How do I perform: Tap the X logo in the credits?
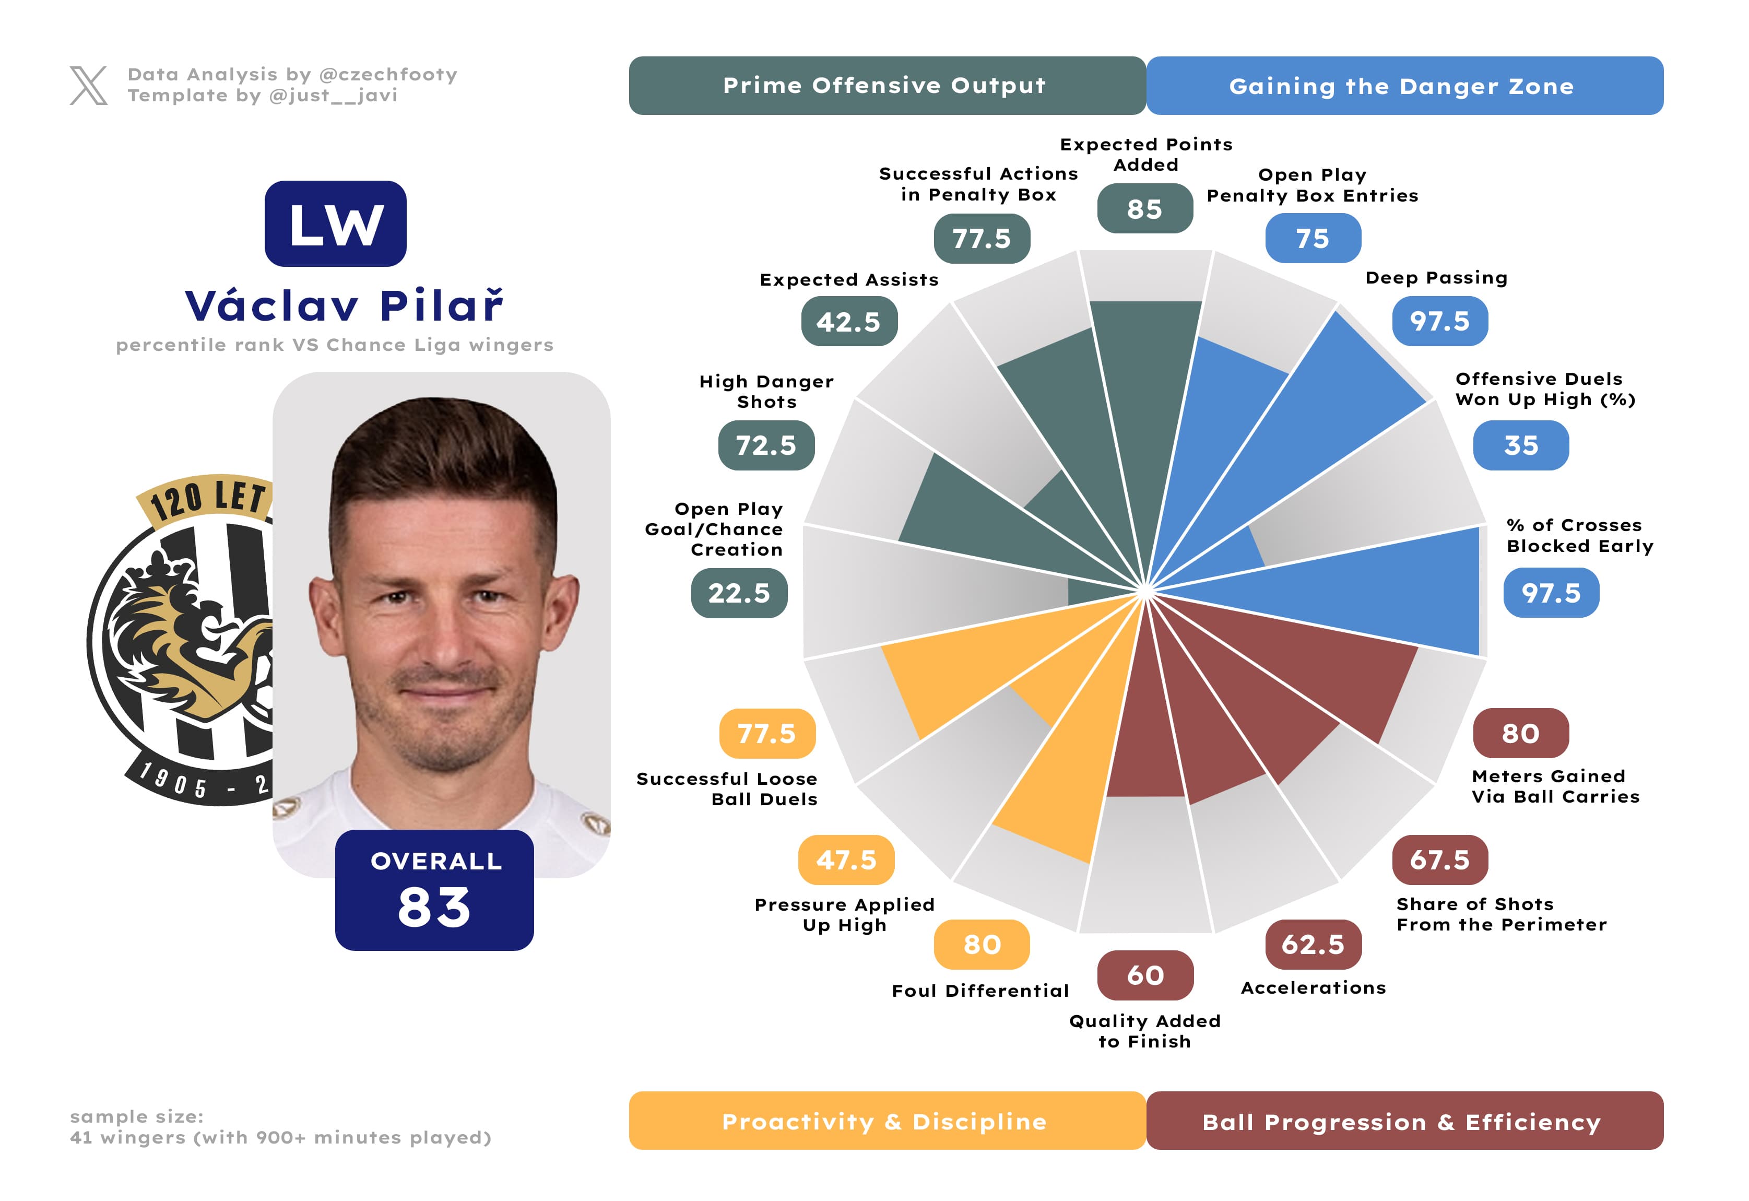click(x=88, y=85)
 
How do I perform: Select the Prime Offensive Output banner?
click(x=887, y=86)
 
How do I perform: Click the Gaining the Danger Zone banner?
click(x=1404, y=86)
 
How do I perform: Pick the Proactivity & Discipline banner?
click(x=887, y=1121)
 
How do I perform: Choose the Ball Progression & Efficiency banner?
click(x=1404, y=1121)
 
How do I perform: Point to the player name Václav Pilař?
click(x=344, y=305)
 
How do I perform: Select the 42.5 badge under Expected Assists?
click(x=849, y=321)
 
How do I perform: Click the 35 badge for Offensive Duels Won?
click(x=1521, y=445)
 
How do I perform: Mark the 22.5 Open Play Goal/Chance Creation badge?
click(x=739, y=593)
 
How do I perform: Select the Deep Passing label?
click(x=1436, y=278)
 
